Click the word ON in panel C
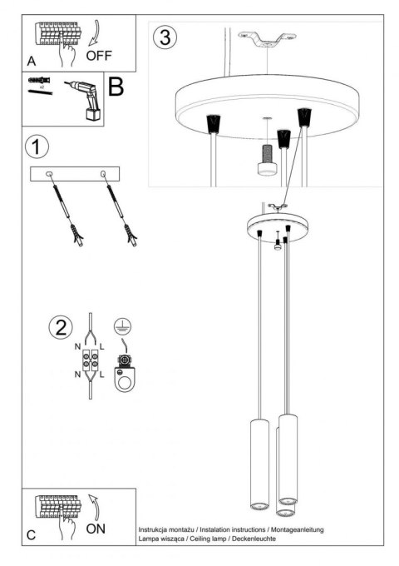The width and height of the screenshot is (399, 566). [x=96, y=529]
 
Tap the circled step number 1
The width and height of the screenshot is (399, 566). [x=36, y=148]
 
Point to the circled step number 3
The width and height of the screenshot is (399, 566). [x=166, y=37]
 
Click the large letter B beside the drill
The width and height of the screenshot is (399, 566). [x=116, y=85]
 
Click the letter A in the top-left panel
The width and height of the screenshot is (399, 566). [x=31, y=61]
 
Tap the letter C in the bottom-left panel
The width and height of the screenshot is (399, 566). [x=31, y=535]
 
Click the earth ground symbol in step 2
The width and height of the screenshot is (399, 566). [x=121, y=326]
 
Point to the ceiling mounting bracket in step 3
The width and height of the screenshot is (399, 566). [x=267, y=38]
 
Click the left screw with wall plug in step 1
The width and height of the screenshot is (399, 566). [x=67, y=213]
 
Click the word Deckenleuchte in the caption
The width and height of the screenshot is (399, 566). [x=250, y=539]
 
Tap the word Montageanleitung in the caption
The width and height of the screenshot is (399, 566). [x=297, y=529]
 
